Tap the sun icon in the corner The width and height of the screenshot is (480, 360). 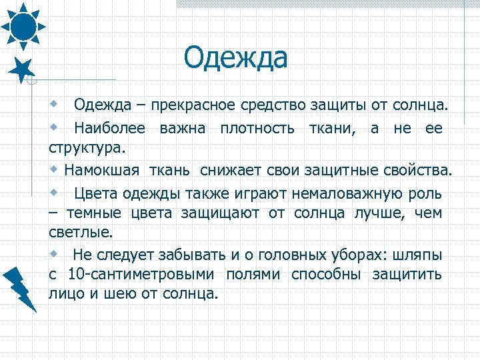[x=23, y=25]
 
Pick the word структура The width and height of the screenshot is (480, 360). [x=85, y=145]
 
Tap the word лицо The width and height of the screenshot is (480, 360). [x=62, y=293]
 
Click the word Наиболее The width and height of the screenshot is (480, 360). [x=111, y=127]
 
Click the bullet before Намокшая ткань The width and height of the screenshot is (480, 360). [x=55, y=169]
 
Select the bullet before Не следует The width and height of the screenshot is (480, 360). [x=55, y=254]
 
